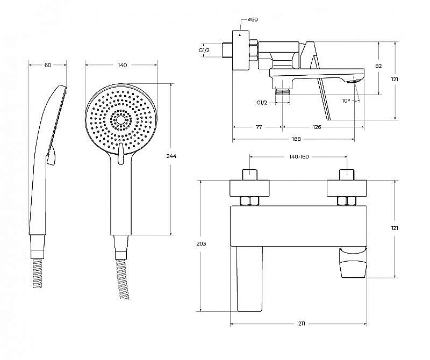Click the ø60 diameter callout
click(253, 20)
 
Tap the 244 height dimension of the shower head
click(171, 156)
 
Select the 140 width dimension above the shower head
click(123, 65)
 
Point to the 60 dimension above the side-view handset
click(48, 65)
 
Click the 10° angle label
click(346, 100)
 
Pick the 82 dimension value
click(378, 66)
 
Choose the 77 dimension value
click(259, 127)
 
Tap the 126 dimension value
click(317, 127)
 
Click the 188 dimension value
click(296, 139)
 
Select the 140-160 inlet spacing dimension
click(299, 156)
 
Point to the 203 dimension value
click(201, 243)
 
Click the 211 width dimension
click(302, 324)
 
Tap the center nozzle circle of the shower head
click(120, 120)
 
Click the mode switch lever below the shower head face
click(121, 153)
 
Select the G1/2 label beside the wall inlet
click(204, 50)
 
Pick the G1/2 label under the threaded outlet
click(262, 103)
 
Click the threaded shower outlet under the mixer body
click(282, 91)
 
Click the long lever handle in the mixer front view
click(250, 279)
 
